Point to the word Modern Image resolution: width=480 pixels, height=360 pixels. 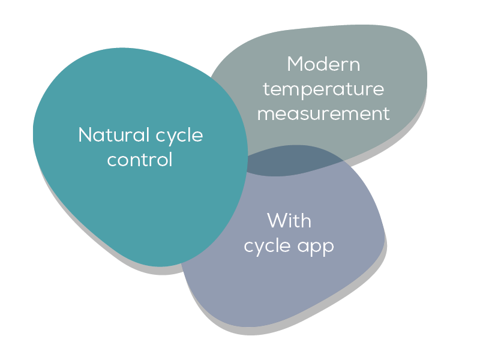point(323,64)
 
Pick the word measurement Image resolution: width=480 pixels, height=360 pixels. point(323,113)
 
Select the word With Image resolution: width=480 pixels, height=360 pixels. point(289,221)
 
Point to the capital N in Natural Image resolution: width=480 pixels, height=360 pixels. point(85,135)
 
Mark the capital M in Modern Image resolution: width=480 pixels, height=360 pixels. point(295,64)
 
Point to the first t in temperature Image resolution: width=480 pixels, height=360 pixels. point(266,89)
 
